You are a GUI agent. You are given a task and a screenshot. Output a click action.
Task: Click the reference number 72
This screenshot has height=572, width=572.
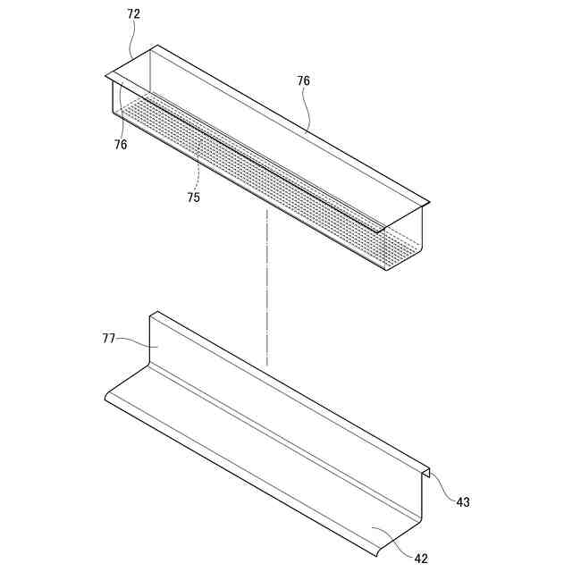(134, 14)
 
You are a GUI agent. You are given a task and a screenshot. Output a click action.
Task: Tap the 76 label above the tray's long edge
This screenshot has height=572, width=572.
(304, 80)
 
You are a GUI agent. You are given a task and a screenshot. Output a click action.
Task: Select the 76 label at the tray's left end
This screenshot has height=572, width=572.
(121, 144)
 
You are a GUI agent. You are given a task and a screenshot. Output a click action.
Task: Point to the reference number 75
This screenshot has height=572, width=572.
(194, 198)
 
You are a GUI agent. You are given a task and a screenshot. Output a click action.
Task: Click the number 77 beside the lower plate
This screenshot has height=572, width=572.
(109, 338)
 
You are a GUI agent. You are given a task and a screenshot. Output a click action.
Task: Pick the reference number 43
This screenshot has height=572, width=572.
(463, 502)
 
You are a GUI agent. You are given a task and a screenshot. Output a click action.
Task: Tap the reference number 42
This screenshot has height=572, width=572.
(421, 559)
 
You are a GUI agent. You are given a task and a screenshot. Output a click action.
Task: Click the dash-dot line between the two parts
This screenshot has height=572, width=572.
(266, 286)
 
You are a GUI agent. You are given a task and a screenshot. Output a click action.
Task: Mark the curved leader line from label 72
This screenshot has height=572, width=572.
(132, 40)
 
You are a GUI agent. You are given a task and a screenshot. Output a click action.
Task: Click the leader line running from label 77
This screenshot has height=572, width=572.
(134, 341)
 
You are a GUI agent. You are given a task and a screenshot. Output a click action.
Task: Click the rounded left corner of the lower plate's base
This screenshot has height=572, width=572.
(109, 399)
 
